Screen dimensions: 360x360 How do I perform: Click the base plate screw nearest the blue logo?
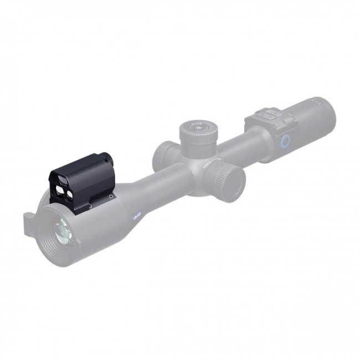[x=111, y=197]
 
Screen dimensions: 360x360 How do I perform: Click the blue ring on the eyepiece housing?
[x=284, y=141]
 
